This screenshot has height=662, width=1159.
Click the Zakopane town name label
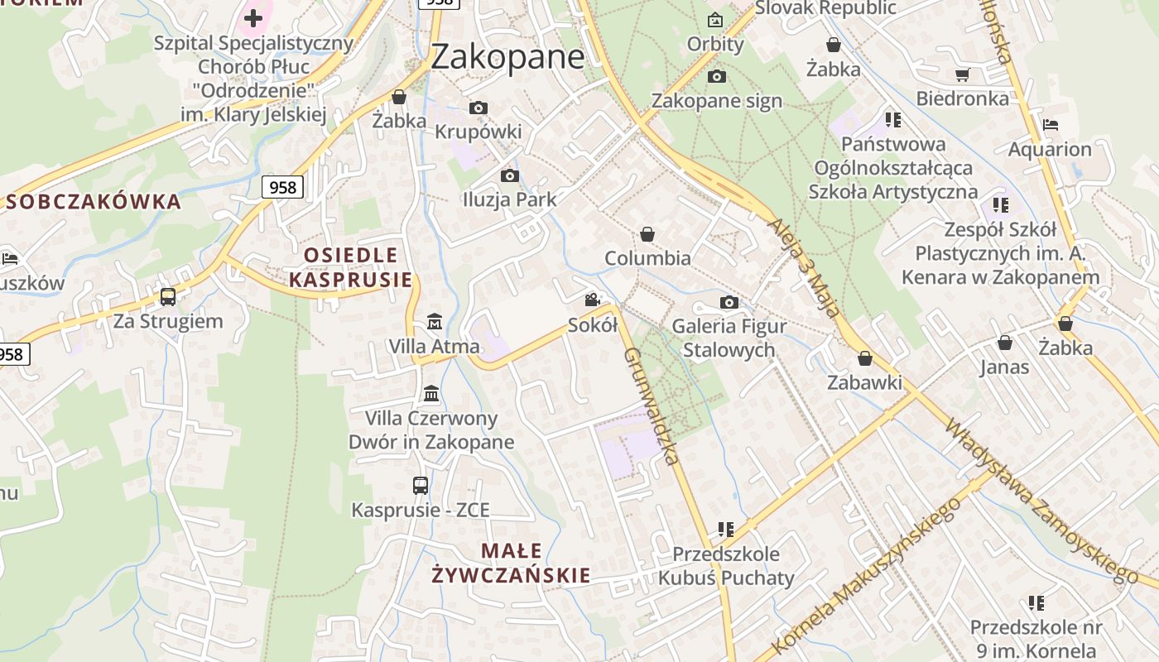coord(507,56)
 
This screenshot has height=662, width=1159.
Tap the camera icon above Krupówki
coord(478,108)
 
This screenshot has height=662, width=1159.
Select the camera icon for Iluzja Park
coord(510,175)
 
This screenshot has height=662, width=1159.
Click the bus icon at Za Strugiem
coord(168,296)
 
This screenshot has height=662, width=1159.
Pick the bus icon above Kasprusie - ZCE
coord(421,486)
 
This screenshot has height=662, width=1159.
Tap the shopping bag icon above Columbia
coord(647,234)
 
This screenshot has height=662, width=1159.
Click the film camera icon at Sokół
coord(592,300)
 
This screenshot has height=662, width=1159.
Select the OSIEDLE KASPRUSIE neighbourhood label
coord(350,267)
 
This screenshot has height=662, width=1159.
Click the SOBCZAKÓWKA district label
coord(94,202)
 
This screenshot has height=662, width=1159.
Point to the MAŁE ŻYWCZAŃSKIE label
coord(511,563)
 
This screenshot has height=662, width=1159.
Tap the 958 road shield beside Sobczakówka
coord(282,187)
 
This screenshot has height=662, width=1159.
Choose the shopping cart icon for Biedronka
coord(962,75)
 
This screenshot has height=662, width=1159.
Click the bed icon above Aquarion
coord(1051,125)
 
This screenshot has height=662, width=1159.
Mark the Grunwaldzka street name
coord(652,405)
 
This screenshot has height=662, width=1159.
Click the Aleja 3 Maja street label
coord(805,268)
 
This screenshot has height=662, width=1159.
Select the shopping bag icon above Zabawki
coord(865,358)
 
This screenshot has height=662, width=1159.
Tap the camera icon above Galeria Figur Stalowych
coord(729,302)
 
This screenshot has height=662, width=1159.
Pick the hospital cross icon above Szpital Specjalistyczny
coord(253,17)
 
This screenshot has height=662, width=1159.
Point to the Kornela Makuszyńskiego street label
coord(869,575)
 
